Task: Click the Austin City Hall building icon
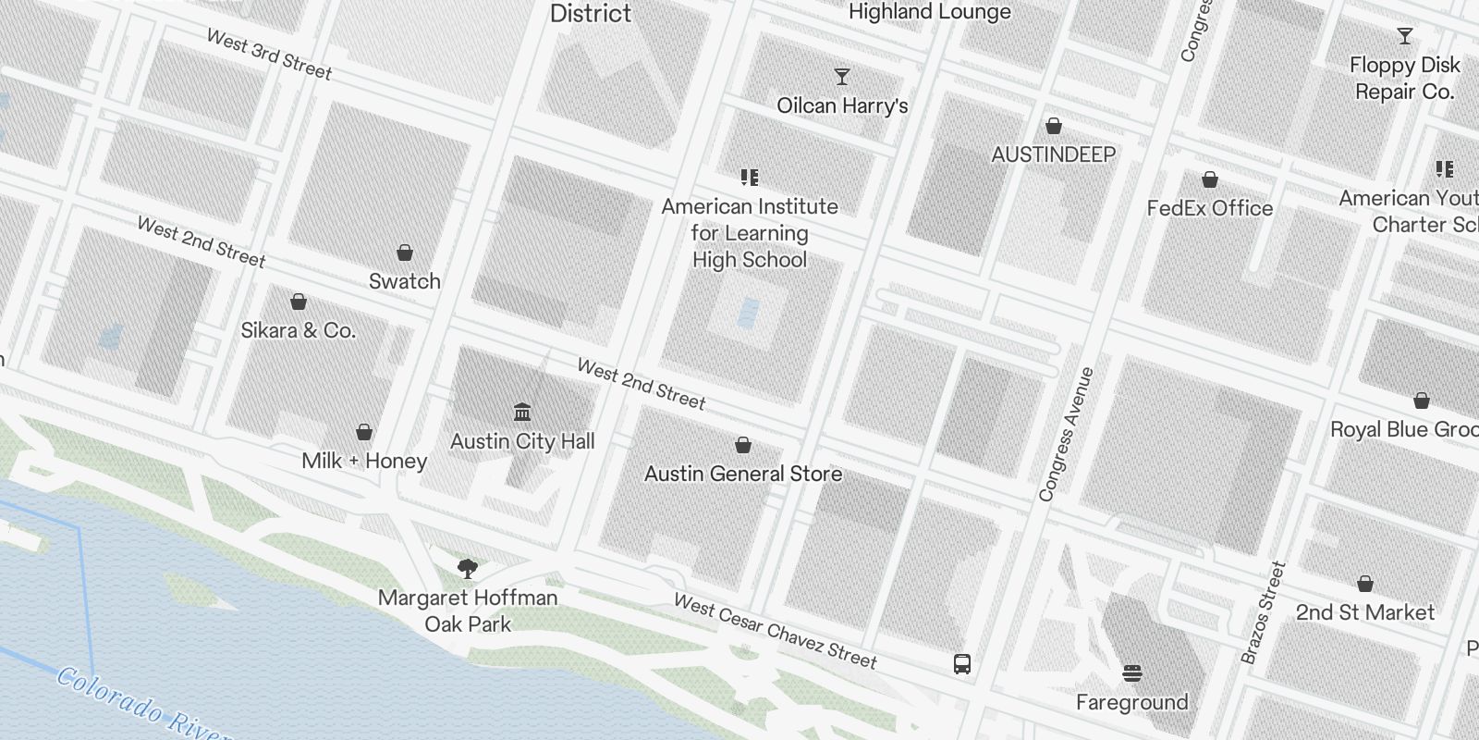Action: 522,411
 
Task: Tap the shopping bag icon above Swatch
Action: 405,253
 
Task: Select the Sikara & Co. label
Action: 298,330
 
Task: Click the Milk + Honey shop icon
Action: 364,432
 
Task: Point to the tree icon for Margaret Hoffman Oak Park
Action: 468,568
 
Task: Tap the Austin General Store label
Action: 743,474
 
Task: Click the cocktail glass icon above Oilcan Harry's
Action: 841,76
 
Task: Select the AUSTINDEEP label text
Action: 1053,154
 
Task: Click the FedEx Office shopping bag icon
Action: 1209,179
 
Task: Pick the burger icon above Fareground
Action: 1132,672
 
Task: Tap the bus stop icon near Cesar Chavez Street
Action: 962,663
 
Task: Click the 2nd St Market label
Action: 1364,612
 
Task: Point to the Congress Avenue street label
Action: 1067,435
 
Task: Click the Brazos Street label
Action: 1264,612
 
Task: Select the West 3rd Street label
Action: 269,55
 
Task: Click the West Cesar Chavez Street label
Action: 775,632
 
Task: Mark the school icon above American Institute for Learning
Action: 749,177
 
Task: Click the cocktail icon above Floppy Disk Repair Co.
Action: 1405,36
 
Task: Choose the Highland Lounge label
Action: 929,12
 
